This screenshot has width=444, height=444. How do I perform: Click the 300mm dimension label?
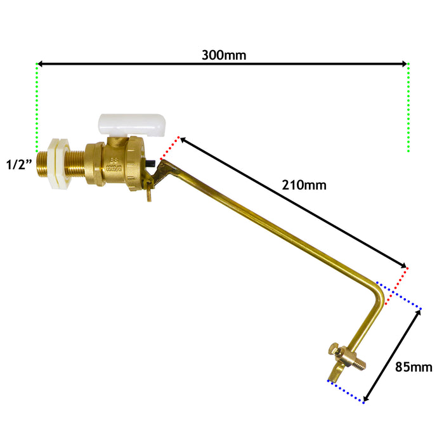point(223,55)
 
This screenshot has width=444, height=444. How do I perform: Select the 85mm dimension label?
point(413,367)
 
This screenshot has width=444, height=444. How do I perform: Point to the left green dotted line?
point(37,108)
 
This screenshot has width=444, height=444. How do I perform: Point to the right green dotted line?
point(408,108)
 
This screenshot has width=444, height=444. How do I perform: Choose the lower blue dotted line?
point(346,391)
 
